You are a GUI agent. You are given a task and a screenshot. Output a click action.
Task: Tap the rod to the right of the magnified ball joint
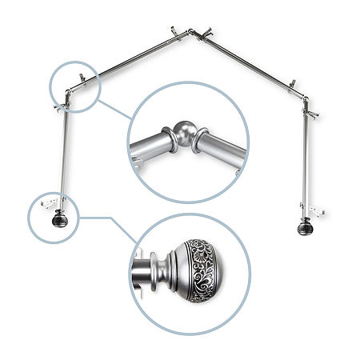220,148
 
